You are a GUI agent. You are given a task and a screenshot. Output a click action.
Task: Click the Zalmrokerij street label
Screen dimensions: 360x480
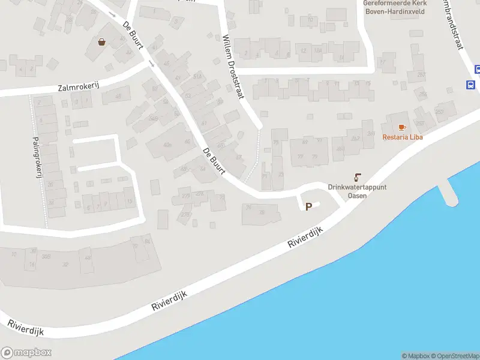click(x=79, y=87)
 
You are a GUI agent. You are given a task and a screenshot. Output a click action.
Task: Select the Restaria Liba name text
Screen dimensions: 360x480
click(x=403, y=137)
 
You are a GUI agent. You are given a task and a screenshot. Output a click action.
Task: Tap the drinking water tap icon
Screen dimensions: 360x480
click(x=358, y=177)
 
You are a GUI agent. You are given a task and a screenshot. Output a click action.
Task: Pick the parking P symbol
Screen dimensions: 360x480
click(x=309, y=206)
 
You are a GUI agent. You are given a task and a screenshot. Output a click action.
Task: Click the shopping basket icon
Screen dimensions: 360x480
click(x=102, y=41)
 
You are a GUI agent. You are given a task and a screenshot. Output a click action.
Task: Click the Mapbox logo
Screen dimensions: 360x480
click(x=26, y=353)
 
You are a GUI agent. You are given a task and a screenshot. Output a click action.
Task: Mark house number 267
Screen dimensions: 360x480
click(x=421, y=74)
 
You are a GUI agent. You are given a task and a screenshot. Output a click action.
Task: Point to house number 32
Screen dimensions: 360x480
click(x=65, y=264)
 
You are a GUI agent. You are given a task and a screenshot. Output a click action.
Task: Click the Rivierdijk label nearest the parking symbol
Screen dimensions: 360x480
click(x=310, y=234)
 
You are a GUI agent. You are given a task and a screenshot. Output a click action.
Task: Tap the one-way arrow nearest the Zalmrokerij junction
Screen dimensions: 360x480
click(x=152, y=64)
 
